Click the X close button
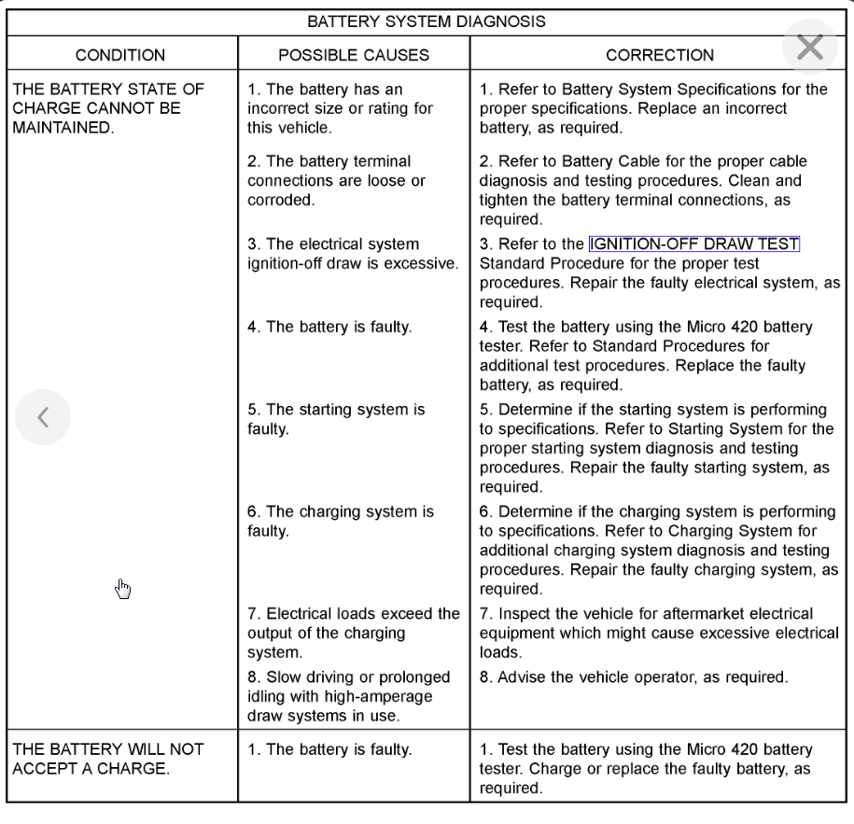(x=809, y=47)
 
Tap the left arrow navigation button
(x=43, y=417)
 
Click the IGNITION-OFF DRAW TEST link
(x=694, y=244)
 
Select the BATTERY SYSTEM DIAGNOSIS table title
(x=427, y=21)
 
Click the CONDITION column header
(x=120, y=55)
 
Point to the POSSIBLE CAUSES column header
(x=354, y=55)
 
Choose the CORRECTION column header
(x=660, y=55)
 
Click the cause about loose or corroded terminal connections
(x=329, y=180)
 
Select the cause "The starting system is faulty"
(x=336, y=419)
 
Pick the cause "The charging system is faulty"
(x=341, y=521)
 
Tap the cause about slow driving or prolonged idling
(x=349, y=696)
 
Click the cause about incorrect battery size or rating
(x=340, y=108)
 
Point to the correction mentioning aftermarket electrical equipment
(x=659, y=633)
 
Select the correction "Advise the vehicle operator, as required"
(x=634, y=677)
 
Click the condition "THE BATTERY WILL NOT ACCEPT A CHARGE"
(x=108, y=759)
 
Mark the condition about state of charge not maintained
(x=108, y=108)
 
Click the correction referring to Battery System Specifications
(x=653, y=108)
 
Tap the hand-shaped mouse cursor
(x=123, y=588)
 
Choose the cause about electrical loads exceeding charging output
(x=353, y=633)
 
